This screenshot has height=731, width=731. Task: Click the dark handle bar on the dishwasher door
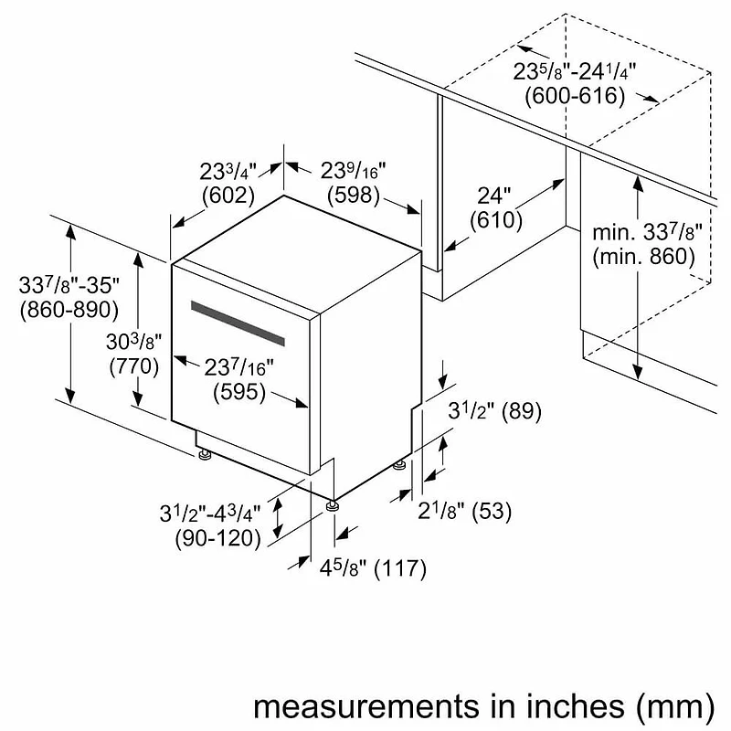click(x=238, y=323)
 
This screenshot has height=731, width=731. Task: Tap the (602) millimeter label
click(x=228, y=196)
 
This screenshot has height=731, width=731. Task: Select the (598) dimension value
click(x=354, y=195)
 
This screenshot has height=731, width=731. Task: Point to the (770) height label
click(x=134, y=366)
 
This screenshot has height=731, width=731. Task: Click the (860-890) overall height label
click(x=69, y=310)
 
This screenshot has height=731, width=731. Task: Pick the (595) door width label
click(x=239, y=392)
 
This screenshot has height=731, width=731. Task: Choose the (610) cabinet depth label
click(x=496, y=220)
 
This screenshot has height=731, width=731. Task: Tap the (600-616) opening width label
click(x=576, y=96)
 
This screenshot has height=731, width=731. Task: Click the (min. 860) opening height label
click(x=644, y=257)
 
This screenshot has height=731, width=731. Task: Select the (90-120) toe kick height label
click(x=217, y=538)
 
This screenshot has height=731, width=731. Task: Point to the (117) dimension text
click(x=400, y=568)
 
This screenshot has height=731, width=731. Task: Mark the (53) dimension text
click(x=492, y=512)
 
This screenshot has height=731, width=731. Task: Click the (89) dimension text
click(x=522, y=411)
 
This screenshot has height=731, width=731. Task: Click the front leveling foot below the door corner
click(x=332, y=506)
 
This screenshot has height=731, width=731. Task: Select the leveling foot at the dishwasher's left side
click(x=204, y=454)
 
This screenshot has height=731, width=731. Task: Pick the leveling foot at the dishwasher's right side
click(x=399, y=465)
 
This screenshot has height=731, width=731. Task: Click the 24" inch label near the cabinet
click(x=494, y=196)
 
